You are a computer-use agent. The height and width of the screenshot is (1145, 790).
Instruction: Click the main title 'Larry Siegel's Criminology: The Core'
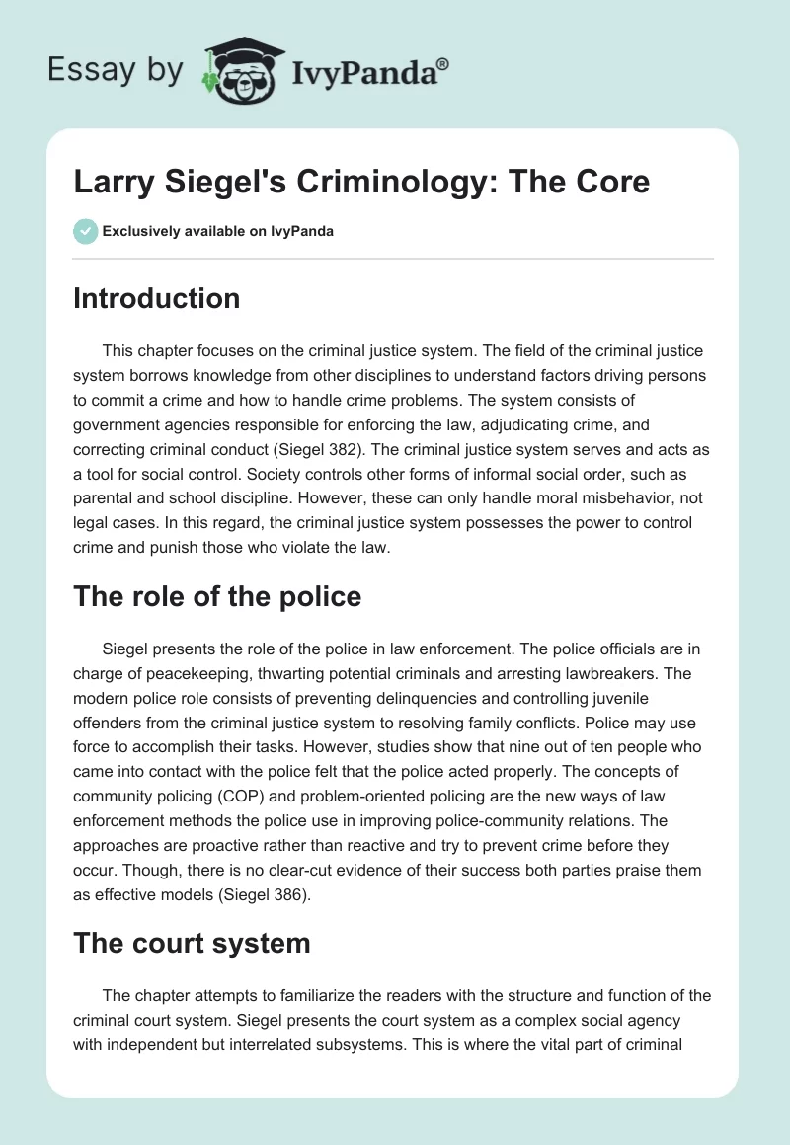point(361,183)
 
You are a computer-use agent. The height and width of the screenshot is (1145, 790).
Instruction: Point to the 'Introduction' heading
point(156,298)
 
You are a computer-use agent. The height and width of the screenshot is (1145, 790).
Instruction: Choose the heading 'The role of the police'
point(217,596)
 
